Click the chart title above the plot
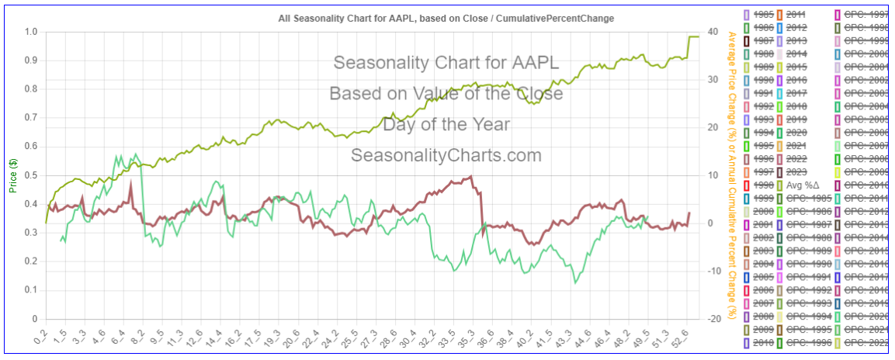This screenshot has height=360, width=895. (x=446, y=18)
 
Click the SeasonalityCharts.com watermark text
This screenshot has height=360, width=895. (x=446, y=155)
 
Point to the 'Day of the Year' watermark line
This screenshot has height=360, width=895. (x=446, y=124)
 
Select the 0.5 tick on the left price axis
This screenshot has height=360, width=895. (x=31, y=175)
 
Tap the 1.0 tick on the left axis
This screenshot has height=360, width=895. (x=31, y=32)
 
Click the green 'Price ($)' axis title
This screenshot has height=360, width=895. (x=13, y=175)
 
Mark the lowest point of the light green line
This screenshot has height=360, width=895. (x=575, y=283)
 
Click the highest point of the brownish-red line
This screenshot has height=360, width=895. (x=470, y=176)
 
